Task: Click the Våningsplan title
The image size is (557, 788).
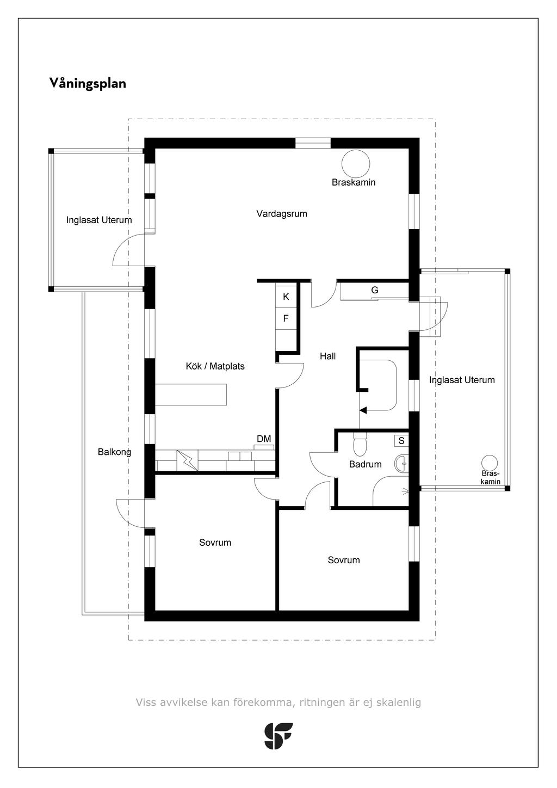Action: click(88, 83)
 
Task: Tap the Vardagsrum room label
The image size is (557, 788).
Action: click(282, 214)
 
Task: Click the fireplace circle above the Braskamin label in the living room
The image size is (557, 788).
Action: click(356, 163)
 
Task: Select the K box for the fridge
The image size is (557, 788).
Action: click(286, 297)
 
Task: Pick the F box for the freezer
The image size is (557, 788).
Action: click(286, 318)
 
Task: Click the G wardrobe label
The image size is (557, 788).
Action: click(375, 291)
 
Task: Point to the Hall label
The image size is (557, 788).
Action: click(327, 356)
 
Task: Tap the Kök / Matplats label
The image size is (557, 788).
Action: click(215, 366)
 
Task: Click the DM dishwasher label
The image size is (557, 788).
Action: click(264, 439)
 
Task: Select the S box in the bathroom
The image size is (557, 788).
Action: click(401, 440)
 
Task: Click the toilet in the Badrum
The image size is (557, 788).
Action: click(360, 445)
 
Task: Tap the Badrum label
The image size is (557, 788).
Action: click(365, 464)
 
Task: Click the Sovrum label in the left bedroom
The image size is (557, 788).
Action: click(215, 543)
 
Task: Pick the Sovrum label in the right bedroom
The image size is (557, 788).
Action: click(344, 560)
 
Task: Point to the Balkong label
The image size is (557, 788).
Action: click(114, 452)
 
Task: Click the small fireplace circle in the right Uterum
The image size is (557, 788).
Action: click(490, 462)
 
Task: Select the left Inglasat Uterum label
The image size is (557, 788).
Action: click(99, 220)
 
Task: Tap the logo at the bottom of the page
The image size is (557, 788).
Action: click(278, 736)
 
